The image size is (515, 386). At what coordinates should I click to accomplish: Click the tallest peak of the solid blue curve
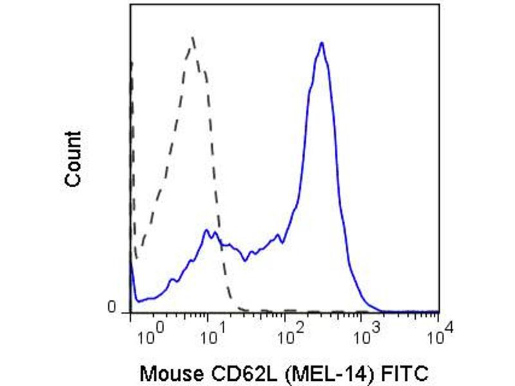(321, 43)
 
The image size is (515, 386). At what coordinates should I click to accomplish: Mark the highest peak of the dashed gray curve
(193, 38)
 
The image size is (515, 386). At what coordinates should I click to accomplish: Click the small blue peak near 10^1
(206, 230)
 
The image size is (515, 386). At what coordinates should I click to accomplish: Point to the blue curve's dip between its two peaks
(245, 260)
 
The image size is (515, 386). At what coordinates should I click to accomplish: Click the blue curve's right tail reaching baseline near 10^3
(380, 310)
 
